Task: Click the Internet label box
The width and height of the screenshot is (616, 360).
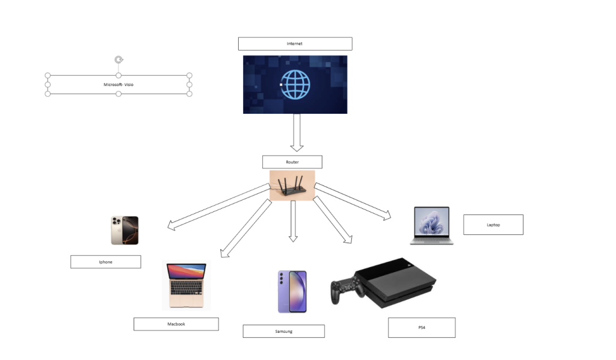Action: (x=295, y=43)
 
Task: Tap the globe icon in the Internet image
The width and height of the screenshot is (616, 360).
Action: (x=295, y=84)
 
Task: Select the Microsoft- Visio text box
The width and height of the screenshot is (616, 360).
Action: (x=119, y=84)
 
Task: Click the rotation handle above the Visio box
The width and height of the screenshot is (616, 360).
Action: (x=119, y=60)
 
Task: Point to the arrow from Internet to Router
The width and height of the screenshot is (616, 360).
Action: (x=297, y=132)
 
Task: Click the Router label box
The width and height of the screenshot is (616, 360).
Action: (x=292, y=162)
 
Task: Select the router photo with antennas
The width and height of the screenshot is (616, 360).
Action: (x=292, y=185)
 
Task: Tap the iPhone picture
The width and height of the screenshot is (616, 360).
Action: (x=125, y=231)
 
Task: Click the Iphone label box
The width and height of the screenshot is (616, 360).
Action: (x=106, y=262)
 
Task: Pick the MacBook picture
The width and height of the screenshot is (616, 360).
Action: (x=186, y=285)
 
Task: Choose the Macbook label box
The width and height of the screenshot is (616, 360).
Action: (x=176, y=324)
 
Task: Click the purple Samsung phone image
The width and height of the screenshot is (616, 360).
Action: (x=292, y=291)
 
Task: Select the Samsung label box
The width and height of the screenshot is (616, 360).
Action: (x=284, y=331)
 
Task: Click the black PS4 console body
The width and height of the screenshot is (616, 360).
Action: (x=396, y=282)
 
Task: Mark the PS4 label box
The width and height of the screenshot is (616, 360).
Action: (x=422, y=327)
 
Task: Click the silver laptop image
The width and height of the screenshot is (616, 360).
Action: (x=432, y=226)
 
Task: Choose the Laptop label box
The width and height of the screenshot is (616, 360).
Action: (x=493, y=225)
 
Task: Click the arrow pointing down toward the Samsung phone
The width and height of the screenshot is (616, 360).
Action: (x=293, y=222)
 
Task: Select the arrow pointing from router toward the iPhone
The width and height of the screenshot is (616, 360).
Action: (x=219, y=206)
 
